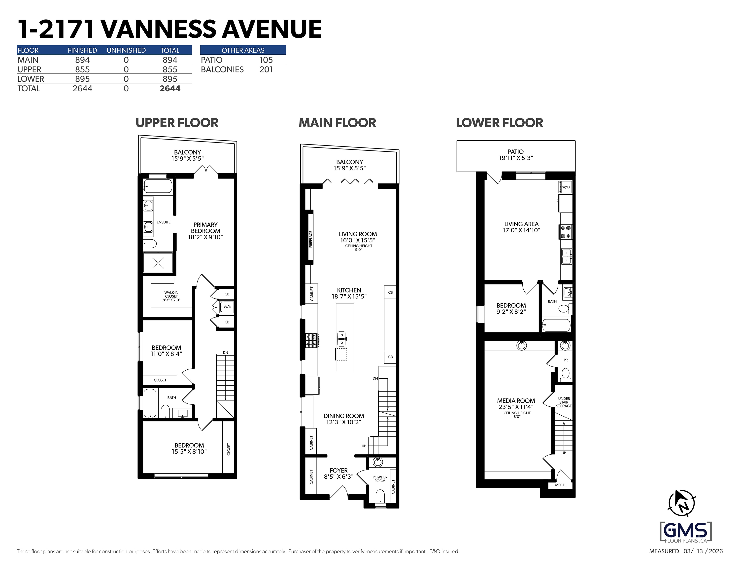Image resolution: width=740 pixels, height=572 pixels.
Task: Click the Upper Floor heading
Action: pos(177,123)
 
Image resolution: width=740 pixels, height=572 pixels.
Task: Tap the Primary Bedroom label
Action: pos(205,231)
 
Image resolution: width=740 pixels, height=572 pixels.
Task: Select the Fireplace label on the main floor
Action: pos(311,239)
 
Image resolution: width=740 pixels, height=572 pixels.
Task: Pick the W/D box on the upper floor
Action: pos(227,307)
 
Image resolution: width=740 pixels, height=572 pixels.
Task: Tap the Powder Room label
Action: pos(380,479)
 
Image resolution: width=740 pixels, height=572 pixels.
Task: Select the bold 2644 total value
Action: pos(170,88)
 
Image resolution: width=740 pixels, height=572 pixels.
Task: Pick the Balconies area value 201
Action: pos(266,70)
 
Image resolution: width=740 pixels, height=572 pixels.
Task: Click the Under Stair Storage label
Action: pos(564,402)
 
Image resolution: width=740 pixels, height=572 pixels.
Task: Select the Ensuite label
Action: pos(164,222)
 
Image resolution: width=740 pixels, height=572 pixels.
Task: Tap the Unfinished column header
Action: pos(126,50)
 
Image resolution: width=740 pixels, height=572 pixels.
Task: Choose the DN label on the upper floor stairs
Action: pos(226,353)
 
